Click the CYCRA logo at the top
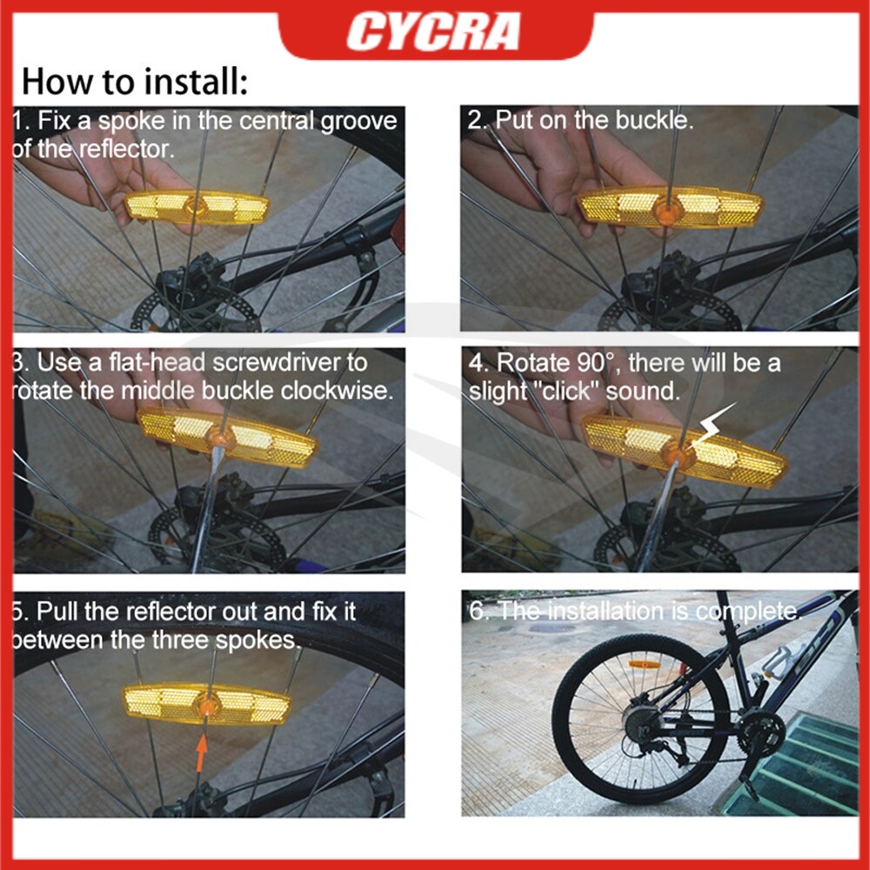coord(433,31)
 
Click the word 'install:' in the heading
coord(194,82)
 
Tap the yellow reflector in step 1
coord(197,207)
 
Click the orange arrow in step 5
coord(202,752)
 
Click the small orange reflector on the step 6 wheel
coord(644,664)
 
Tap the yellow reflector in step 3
coord(227,437)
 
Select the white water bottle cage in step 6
coord(779,660)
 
